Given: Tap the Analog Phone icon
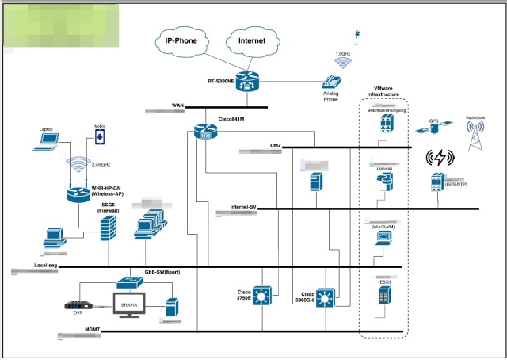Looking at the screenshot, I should tap(330, 82).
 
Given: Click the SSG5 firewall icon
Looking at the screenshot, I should tap(108, 231).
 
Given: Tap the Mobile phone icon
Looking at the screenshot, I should tap(100, 138).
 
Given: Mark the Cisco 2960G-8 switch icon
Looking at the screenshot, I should tap(326, 298).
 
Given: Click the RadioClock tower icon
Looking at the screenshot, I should tap(476, 137).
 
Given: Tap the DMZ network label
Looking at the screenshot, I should tap(276, 144).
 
